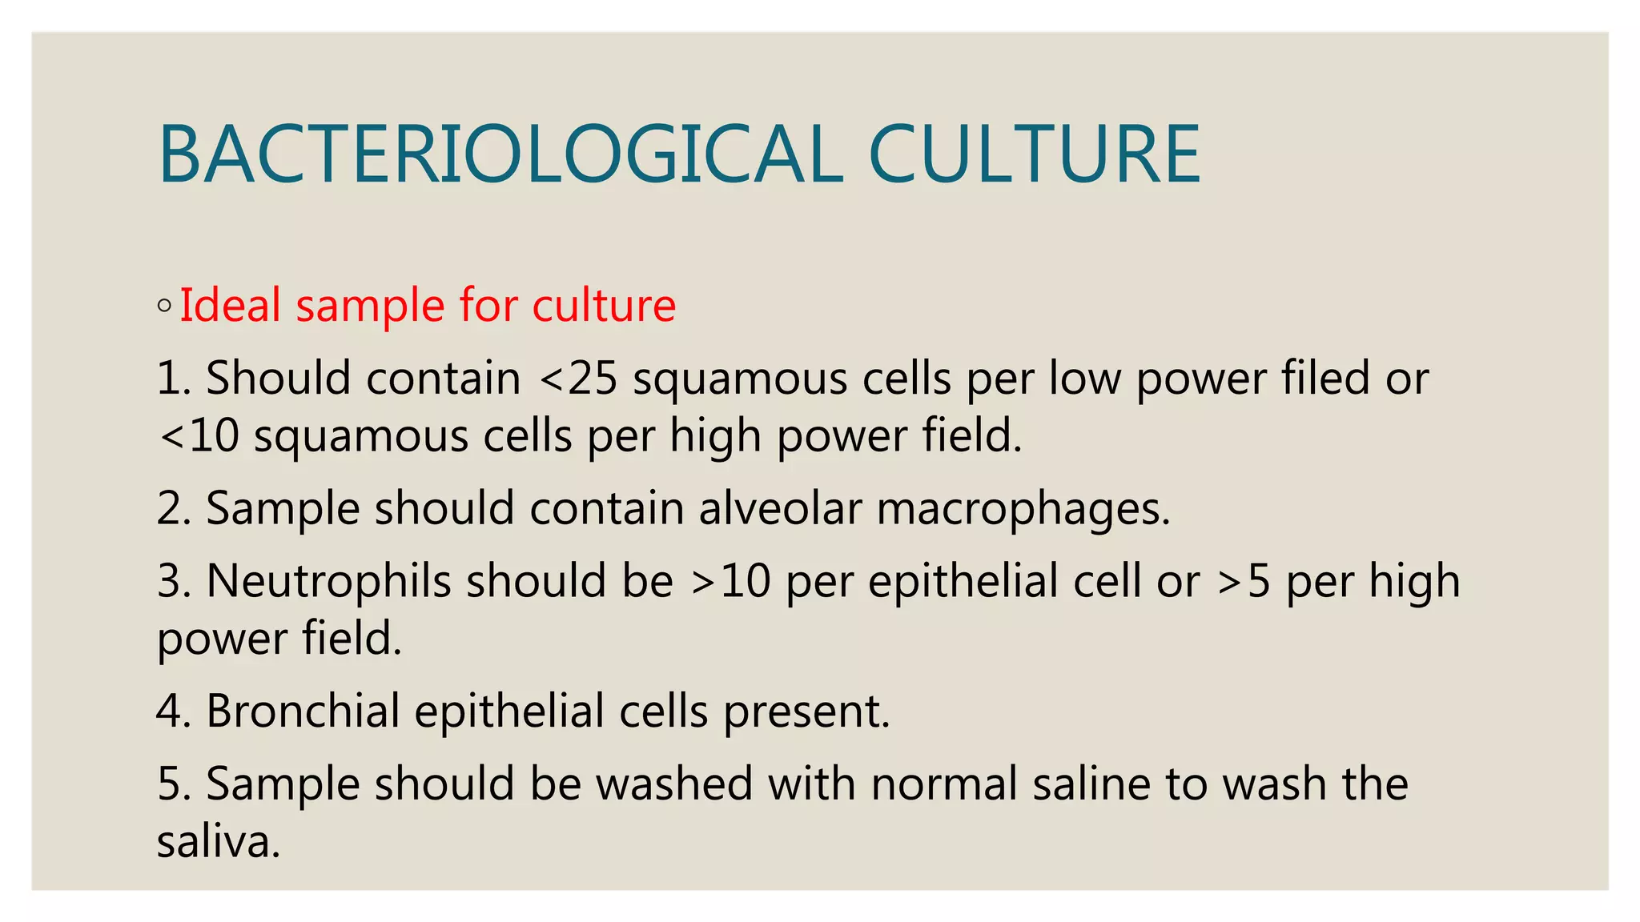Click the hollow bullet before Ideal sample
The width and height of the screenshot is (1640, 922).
coord(164,305)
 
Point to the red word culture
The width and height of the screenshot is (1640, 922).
coord(604,305)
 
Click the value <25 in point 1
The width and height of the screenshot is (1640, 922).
coord(578,378)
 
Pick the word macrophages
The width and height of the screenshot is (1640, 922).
coord(1023,510)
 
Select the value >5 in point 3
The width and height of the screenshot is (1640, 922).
coord(1244,581)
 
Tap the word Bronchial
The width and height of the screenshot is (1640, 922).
coord(303,711)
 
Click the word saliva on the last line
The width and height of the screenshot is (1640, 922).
coord(218,842)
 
